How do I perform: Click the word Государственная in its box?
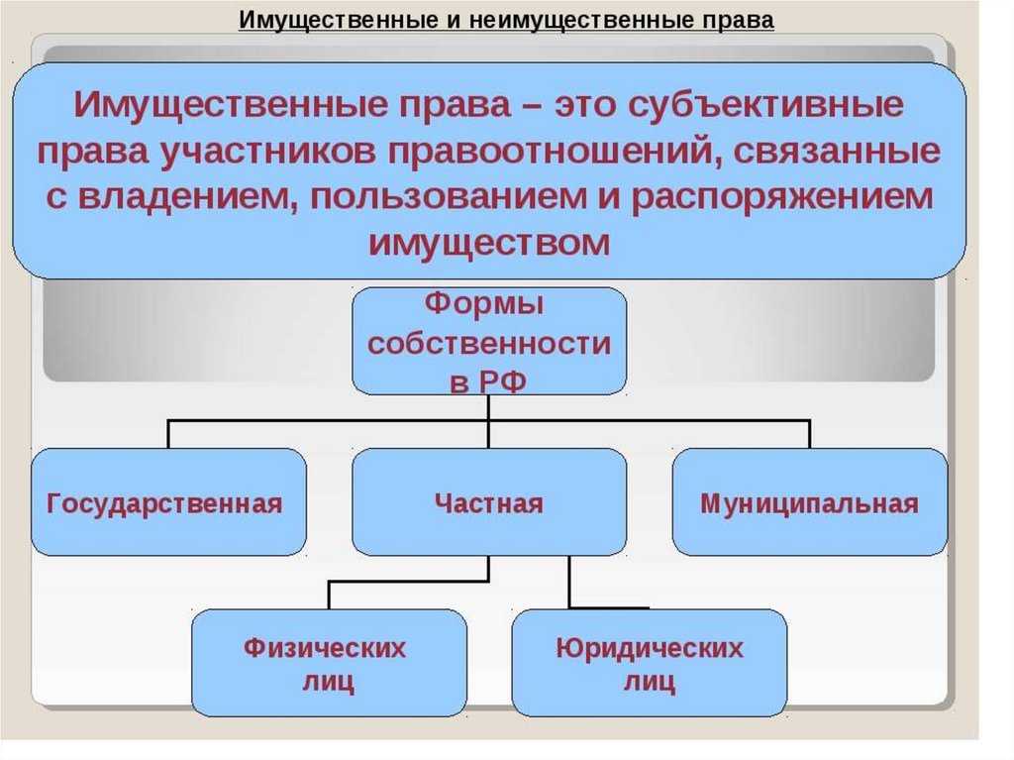(164, 504)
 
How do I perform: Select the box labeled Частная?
(489, 501)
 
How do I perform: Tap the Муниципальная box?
(810, 501)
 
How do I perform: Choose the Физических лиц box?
(329, 662)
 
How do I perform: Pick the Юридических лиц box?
(650, 662)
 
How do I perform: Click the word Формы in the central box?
(484, 304)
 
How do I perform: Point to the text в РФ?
(487, 381)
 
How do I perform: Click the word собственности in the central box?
(489, 343)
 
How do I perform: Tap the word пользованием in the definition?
(449, 197)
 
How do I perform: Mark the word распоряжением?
(782, 197)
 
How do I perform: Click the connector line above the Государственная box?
(168, 434)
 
